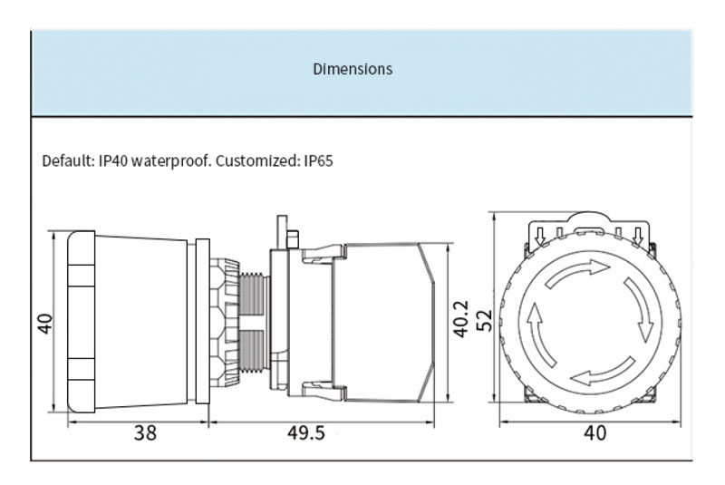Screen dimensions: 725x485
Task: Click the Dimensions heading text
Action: [x=353, y=69]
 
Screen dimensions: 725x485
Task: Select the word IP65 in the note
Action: [x=319, y=160]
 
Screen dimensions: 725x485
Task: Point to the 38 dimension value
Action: [x=145, y=433]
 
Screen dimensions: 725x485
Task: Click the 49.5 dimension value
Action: [x=306, y=433]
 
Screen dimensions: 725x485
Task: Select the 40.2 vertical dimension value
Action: [x=461, y=319]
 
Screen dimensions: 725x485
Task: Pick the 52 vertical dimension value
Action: [x=484, y=320]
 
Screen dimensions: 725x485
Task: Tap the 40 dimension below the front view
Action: [x=594, y=433]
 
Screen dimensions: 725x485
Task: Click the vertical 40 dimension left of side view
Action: [x=46, y=323]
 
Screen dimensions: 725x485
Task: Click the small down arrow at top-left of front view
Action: [x=539, y=236]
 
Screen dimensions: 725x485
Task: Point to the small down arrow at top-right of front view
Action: [x=639, y=236]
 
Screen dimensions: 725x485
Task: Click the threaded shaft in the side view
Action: [x=254, y=322]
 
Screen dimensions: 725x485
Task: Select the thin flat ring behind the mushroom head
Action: [x=202, y=321]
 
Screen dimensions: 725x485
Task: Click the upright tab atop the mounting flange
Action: [x=282, y=232]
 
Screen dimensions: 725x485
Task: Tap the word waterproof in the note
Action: [x=171, y=161]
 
